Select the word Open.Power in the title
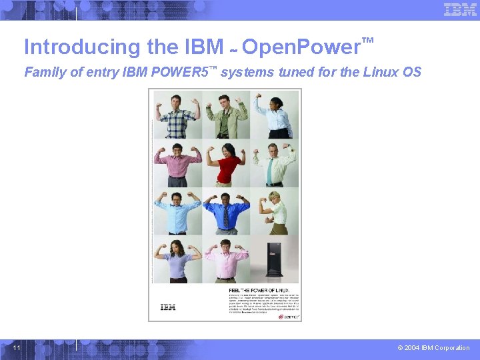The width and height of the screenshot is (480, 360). (x=300, y=47)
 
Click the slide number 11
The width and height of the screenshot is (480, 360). (x=17, y=347)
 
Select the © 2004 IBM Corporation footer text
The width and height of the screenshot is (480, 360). (x=433, y=348)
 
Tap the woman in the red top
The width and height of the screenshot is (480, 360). (x=227, y=164)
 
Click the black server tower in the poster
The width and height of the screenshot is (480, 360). (x=275, y=260)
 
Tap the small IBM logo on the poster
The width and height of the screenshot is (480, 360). (x=168, y=307)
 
